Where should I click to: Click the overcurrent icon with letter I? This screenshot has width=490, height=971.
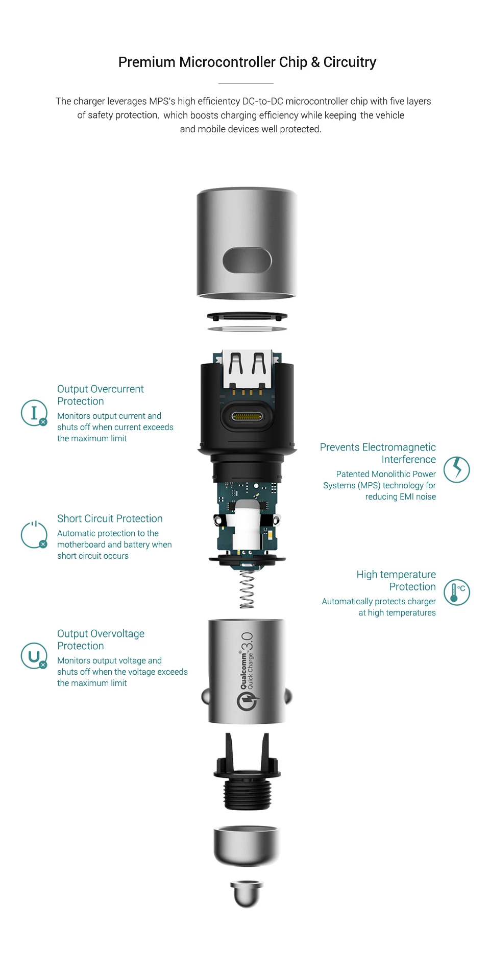point(34,413)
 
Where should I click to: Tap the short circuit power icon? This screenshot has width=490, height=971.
point(34,535)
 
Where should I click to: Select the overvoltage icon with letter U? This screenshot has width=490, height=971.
point(34,656)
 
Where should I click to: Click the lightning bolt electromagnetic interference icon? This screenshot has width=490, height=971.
point(456,469)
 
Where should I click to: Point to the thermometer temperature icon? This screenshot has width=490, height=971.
point(456,593)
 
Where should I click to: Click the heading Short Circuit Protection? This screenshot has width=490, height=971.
point(110,518)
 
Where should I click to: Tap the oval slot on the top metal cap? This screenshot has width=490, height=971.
point(247,260)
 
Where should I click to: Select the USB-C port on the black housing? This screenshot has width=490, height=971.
point(247,416)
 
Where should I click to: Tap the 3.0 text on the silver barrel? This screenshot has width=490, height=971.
point(247,642)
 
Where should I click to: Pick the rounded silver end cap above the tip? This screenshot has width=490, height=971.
point(247,845)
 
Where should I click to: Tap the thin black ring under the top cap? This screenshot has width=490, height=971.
point(247,317)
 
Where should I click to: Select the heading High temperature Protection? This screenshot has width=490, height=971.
point(396,580)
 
